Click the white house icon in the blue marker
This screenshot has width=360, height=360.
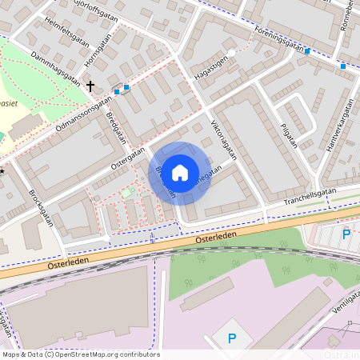(x=180, y=171)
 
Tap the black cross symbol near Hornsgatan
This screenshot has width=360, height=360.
(x=90, y=85)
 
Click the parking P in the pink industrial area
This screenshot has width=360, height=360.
(x=232, y=338)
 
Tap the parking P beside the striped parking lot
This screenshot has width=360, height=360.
(x=346, y=234)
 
